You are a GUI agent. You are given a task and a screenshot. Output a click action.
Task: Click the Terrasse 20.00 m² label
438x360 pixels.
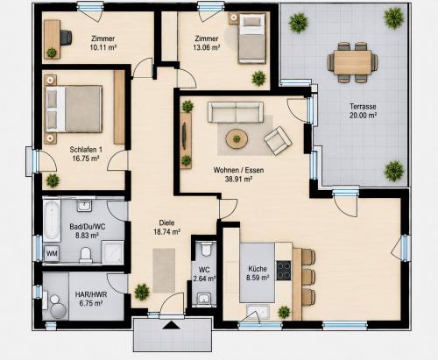(x=363, y=110)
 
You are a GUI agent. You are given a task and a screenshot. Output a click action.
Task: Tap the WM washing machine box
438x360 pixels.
(x=52, y=253)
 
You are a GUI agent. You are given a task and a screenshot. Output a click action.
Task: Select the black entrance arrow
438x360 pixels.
(x=171, y=325)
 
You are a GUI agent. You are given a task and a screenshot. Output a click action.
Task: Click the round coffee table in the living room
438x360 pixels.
(x=237, y=138)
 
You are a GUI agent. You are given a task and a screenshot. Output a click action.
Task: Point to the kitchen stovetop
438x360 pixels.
(x=284, y=271)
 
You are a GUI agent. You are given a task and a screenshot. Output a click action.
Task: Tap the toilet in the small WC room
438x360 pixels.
(x=206, y=249)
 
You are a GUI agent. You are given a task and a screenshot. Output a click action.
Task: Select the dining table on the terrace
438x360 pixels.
(x=352, y=63)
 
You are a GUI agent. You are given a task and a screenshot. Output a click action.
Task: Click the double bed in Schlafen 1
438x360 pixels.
(x=74, y=109)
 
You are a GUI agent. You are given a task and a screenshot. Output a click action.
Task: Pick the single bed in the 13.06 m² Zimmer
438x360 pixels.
(x=252, y=39)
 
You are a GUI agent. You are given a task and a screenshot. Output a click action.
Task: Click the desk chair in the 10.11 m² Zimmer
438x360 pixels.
(x=66, y=38)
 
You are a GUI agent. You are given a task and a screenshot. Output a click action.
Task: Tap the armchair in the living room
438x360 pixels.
(x=278, y=140)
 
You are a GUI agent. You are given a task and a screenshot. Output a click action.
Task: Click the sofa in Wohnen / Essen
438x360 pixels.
(x=236, y=112)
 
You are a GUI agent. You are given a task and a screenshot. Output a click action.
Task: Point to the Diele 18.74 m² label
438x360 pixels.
(x=166, y=227)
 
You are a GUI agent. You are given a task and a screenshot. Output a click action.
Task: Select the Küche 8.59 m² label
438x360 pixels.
(x=258, y=273)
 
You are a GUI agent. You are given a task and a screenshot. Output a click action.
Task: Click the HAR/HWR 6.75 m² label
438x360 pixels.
(x=91, y=299)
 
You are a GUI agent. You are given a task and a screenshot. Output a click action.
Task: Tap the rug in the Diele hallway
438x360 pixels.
(x=164, y=271)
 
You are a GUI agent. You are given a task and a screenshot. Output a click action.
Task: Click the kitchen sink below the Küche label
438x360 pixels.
(x=258, y=311)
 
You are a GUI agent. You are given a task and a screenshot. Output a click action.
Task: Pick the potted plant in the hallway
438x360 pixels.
(x=142, y=292)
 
